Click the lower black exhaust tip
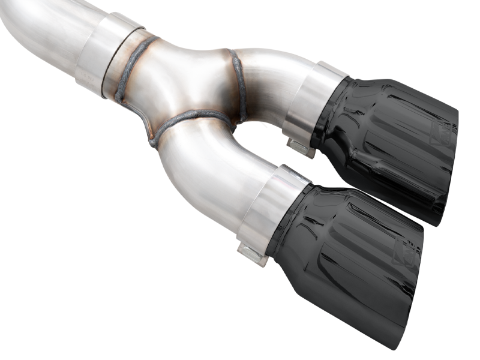pyautogui.click(x=348, y=252)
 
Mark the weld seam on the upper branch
pyautogui.click(x=238, y=84)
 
